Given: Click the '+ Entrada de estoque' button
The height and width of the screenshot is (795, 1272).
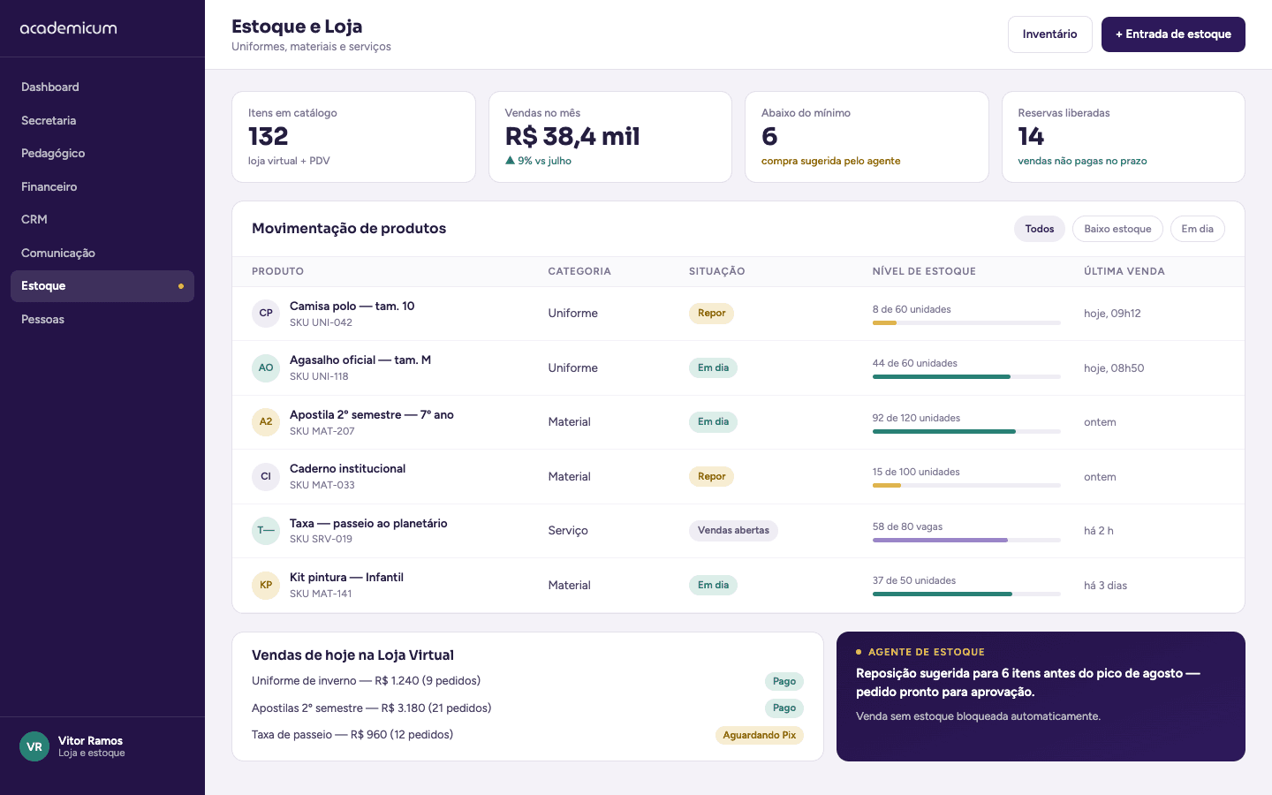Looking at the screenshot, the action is click(1173, 34).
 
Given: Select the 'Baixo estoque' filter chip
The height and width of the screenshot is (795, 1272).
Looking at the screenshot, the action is click(1117, 229).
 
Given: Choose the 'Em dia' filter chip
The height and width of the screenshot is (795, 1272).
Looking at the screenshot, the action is click(1197, 229).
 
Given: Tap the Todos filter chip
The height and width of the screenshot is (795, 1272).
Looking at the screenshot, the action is click(1039, 229).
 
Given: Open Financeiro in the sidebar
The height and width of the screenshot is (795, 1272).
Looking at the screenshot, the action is click(49, 186).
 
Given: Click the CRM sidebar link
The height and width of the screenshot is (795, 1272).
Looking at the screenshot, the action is click(34, 219).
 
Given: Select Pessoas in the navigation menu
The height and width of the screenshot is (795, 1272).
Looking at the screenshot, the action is click(42, 319).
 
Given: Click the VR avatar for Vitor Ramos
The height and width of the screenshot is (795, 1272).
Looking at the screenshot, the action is click(34, 746).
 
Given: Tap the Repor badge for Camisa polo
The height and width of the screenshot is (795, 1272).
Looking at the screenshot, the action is click(711, 313).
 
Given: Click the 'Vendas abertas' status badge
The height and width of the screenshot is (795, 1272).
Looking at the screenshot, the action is click(733, 530).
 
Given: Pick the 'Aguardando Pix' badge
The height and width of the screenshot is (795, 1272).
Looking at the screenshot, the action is click(760, 735).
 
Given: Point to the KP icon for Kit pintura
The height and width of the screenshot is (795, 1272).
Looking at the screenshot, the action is click(266, 585).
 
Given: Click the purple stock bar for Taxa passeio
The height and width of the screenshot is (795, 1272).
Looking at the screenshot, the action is click(940, 540).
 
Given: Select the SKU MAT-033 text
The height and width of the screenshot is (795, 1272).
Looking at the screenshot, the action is click(322, 485).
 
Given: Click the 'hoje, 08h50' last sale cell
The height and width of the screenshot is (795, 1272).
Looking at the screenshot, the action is click(1114, 368).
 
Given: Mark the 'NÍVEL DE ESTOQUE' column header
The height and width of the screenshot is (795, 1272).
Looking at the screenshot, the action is click(924, 271).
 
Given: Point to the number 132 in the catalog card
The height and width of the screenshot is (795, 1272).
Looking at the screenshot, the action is click(268, 136).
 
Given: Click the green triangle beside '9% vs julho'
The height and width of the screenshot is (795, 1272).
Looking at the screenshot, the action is click(510, 160).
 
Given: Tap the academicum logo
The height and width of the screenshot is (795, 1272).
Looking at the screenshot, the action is click(69, 28).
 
